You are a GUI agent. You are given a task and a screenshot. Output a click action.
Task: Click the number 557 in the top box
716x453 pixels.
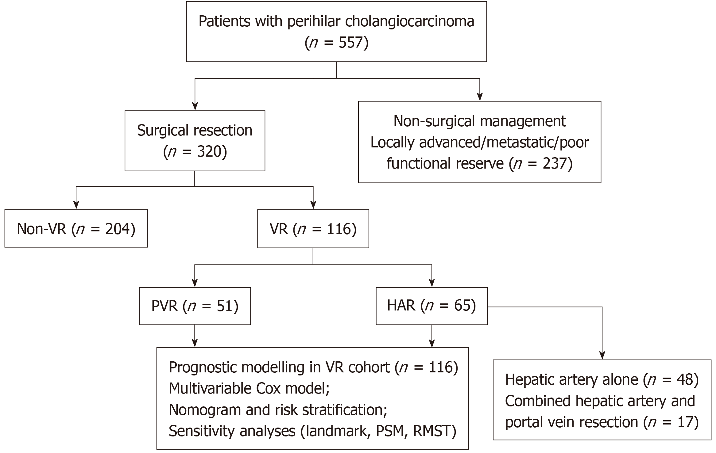pos(351,42)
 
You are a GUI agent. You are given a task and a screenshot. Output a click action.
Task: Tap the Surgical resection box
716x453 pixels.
pos(195,141)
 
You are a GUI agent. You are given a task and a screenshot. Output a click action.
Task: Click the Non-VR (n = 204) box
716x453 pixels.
pos(76,228)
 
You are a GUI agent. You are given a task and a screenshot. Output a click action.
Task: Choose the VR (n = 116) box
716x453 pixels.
pos(313,229)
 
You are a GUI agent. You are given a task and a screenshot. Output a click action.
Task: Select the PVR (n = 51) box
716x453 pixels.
pos(195,306)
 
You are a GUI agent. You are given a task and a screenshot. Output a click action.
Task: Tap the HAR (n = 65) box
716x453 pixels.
pos(432,306)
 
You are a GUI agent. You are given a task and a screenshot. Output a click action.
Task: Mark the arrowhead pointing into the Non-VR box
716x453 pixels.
pos(76,205)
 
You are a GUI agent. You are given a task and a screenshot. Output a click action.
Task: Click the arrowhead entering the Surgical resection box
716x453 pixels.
pos(195,106)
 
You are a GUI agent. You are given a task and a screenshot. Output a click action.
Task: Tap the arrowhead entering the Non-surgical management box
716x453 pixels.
pos(480,97)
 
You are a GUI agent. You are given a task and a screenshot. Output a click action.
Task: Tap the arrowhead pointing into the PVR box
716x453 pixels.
pos(195,283)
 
